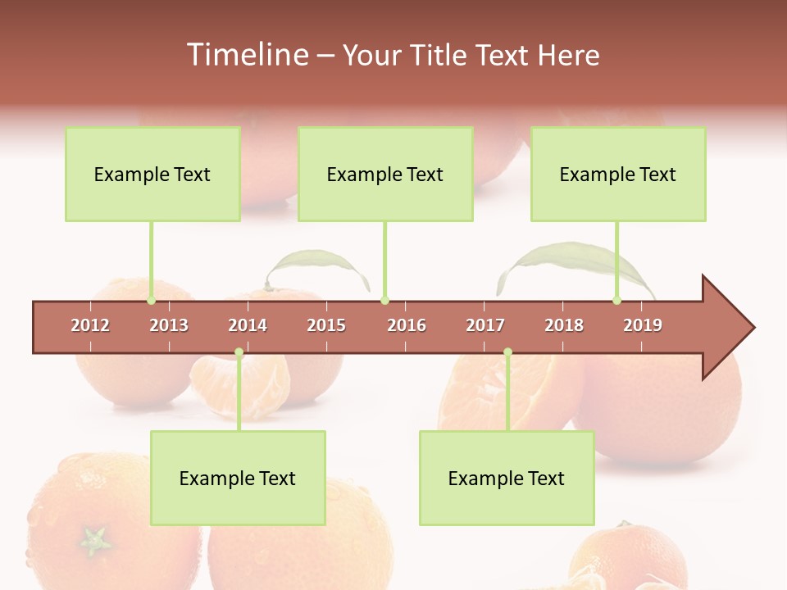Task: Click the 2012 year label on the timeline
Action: [90, 325]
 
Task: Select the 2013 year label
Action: [169, 325]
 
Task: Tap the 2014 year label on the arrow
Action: [248, 325]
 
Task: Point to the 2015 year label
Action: [326, 325]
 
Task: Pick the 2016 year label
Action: [407, 325]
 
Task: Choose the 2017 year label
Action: [485, 325]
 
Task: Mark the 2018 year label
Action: [564, 325]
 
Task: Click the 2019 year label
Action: [643, 325]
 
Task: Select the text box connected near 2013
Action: [152, 174]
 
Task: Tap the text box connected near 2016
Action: [385, 174]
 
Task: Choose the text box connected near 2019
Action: [618, 174]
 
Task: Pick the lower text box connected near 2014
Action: [238, 478]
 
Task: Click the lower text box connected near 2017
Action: [507, 478]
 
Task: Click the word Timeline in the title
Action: [245, 55]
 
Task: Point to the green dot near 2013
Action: [152, 301]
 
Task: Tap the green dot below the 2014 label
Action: [239, 352]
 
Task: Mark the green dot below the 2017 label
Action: [507, 352]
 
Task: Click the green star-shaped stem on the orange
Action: [94, 540]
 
